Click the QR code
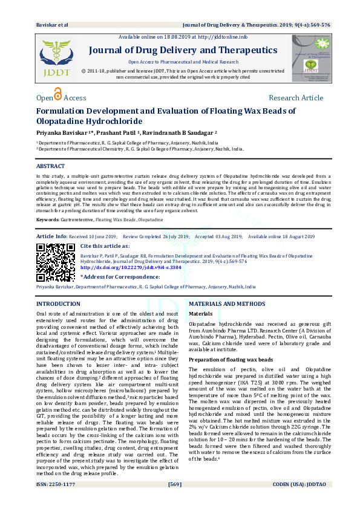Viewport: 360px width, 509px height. click(x=56, y=262)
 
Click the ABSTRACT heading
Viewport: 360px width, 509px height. click(x=50, y=166)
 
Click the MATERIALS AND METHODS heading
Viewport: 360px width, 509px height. click(x=227, y=303)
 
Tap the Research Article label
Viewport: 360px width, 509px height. click(x=296, y=98)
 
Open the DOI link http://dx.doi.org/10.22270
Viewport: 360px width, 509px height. click(x=130, y=267)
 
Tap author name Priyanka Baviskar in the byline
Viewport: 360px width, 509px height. click(x=67, y=131)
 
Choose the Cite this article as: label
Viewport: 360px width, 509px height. click(x=108, y=247)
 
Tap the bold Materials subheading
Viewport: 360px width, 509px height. click(x=201, y=314)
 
